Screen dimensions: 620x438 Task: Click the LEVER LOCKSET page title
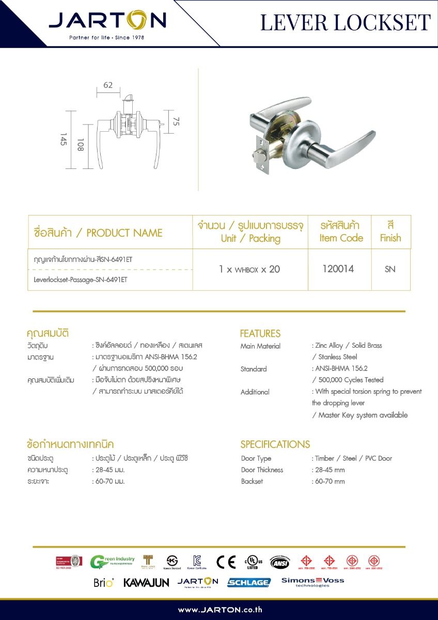(345, 23)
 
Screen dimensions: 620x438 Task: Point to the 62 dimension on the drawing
(108, 85)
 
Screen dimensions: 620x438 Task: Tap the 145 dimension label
(64, 139)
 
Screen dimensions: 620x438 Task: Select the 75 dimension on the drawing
(176, 122)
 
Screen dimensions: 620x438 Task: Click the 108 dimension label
(81, 145)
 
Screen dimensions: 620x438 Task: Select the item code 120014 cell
(338, 269)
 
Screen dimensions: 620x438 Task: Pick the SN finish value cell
(390, 269)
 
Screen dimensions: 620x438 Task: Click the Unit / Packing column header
(251, 238)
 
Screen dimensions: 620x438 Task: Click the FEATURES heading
(260, 333)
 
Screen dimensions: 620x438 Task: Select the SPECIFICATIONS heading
(275, 444)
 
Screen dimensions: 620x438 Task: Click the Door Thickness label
(262, 470)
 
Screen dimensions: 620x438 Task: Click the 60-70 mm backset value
(330, 481)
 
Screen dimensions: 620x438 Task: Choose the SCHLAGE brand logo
(249, 582)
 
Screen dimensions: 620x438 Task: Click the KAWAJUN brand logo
(146, 583)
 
